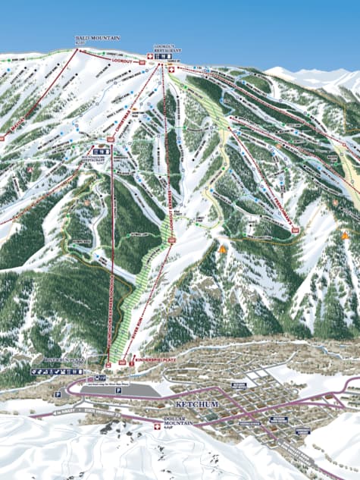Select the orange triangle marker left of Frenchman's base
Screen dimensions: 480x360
coord(222,248)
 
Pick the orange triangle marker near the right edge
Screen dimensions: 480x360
coord(346,236)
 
